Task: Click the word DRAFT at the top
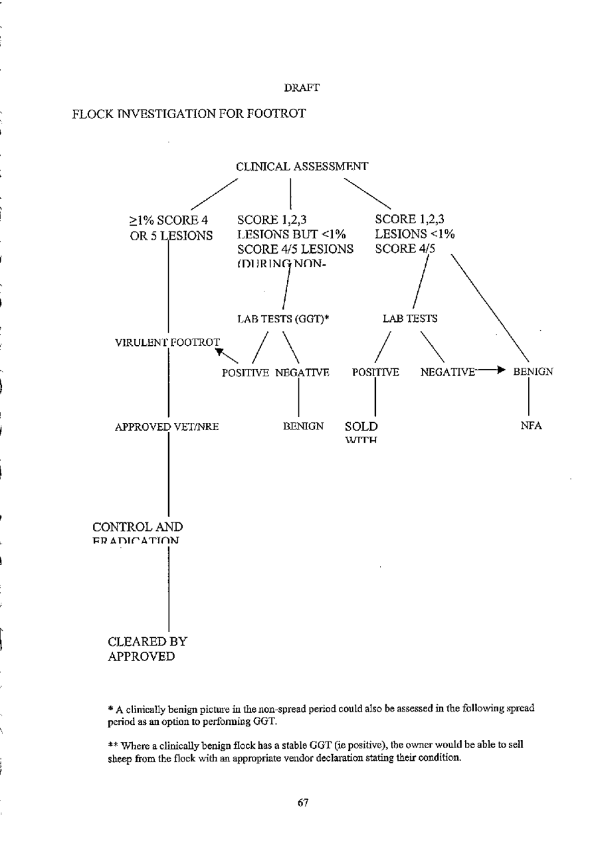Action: click(302, 87)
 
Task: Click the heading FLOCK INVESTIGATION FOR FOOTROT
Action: click(189, 114)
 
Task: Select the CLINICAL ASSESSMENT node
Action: click(302, 167)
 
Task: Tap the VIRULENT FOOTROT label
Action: click(167, 343)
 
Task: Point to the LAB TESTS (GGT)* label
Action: click(284, 319)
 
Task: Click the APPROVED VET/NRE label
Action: click(167, 426)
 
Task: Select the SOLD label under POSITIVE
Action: click(361, 426)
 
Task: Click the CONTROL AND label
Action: click(138, 527)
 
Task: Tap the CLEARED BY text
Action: click(147, 642)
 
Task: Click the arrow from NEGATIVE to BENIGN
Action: click(493, 372)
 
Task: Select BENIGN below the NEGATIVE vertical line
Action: click(303, 426)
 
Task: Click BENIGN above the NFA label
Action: click(533, 372)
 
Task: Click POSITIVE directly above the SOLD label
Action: click(375, 372)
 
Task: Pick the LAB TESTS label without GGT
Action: click(410, 319)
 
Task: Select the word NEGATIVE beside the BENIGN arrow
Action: click(447, 372)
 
